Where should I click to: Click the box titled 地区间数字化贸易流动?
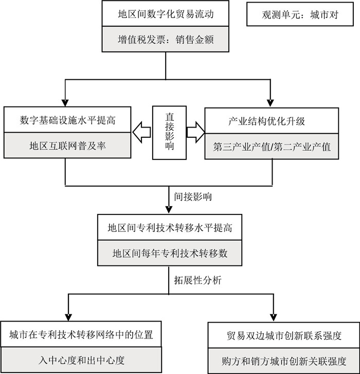pyautogui.click(x=165, y=14)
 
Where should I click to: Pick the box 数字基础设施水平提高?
pyautogui.click(x=65, y=121)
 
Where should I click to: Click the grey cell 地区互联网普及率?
pyautogui.click(x=65, y=146)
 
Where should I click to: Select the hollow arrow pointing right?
pyautogui.click(x=195, y=132)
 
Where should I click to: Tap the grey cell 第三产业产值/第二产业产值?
pyautogui.click(x=273, y=146)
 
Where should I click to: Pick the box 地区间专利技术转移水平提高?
pyautogui.click(x=170, y=227)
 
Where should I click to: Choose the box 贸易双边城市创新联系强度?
pyautogui.click(x=284, y=335)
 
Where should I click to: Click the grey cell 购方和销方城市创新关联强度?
pyautogui.click(x=284, y=360)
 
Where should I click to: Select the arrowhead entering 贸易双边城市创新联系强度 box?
pyautogui.click(x=273, y=316)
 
